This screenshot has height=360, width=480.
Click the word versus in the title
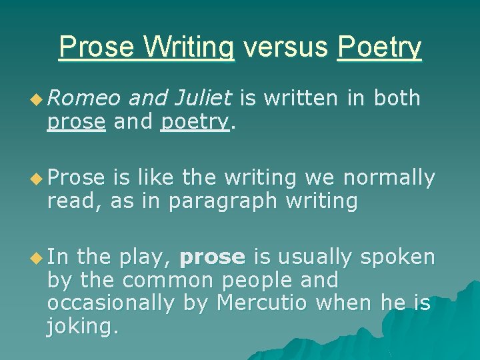coord(286,47)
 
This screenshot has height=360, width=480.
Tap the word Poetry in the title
coord(379,48)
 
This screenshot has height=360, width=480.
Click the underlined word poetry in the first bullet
coord(195,123)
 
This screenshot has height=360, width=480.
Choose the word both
coord(397,99)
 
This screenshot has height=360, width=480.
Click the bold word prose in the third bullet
coord(213,257)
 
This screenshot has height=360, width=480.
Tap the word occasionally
coord(111,303)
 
